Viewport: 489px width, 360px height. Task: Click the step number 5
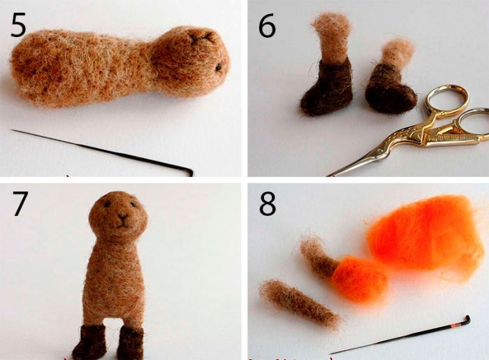(18, 24)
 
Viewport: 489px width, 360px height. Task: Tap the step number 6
(267, 25)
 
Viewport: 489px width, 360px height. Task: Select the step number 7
(20, 203)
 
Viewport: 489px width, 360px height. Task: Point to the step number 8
(268, 203)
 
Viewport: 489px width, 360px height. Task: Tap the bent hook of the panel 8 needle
(467, 319)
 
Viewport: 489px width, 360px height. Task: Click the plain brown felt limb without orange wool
(299, 303)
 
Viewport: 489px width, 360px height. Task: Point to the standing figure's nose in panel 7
(122, 217)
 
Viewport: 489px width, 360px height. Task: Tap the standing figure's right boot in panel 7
(89, 342)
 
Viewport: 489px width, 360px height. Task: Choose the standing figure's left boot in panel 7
(131, 343)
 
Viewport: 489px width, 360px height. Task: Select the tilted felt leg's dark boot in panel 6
(390, 89)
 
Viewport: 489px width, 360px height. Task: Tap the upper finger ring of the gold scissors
(446, 99)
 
